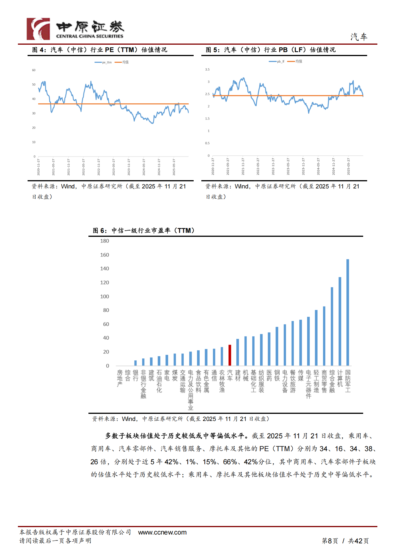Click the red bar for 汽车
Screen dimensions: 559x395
[x=230, y=355]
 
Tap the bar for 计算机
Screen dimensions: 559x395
[x=340, y=321]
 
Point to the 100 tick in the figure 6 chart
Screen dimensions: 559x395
[x=105, y=297]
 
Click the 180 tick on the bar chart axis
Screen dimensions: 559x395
[x=105, y=241]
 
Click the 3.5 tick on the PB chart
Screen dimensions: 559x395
[x=207, y=69]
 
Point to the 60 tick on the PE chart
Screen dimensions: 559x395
[x=34, y=70]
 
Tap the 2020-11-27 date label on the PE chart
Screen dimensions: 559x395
[x=38, y=167]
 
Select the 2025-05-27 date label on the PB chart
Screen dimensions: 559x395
[x=348, y=167]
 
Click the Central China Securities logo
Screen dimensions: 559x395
[x=75, y=29]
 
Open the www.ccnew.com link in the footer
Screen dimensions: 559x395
[x=162, y=533]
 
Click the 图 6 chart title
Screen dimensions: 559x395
[x=144, y=231]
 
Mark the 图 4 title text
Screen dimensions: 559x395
[x=100, y=50]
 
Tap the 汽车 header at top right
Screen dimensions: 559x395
[x=359, y=37]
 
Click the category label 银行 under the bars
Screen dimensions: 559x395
[x=136, y=375]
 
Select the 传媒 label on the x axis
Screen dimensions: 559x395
[x=301, y=375]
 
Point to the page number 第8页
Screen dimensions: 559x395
[x=330, y=541]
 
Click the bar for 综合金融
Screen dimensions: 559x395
[x=332, y=326]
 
